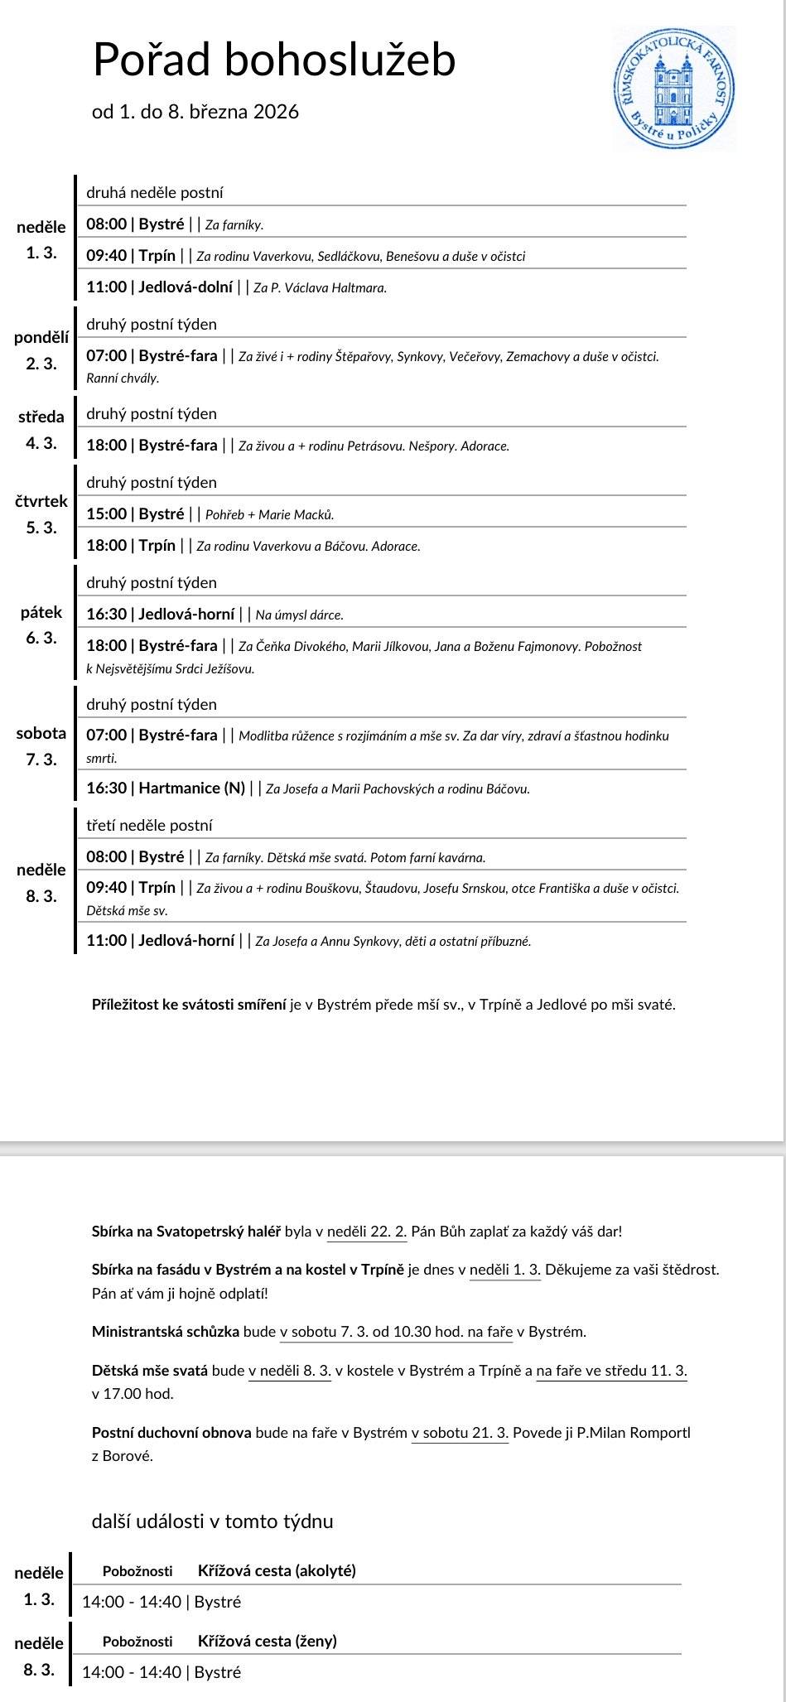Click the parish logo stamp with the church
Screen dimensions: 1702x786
point(673,88)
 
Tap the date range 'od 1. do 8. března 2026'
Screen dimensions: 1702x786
point(195,112)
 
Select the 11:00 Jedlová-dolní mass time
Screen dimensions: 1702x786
point(107,287)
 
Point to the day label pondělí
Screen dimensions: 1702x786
point(41,337)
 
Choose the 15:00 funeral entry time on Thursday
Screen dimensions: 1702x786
point(107,514)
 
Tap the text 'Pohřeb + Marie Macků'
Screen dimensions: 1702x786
point(269,515)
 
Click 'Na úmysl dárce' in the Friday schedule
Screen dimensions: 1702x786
point(299,615)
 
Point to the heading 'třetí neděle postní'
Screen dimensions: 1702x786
point(149,826)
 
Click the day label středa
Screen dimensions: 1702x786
point(41,417)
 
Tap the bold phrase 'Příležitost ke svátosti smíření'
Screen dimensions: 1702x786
point(190,1005)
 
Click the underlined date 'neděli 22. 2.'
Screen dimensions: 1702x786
point(367,1232)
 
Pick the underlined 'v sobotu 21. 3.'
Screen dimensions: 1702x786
point(460,1433)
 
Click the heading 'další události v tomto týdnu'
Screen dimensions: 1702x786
point(213,1521)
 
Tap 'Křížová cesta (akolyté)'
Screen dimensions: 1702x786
point(277,1571)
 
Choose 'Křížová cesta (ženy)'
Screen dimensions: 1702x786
point(267,1642)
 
